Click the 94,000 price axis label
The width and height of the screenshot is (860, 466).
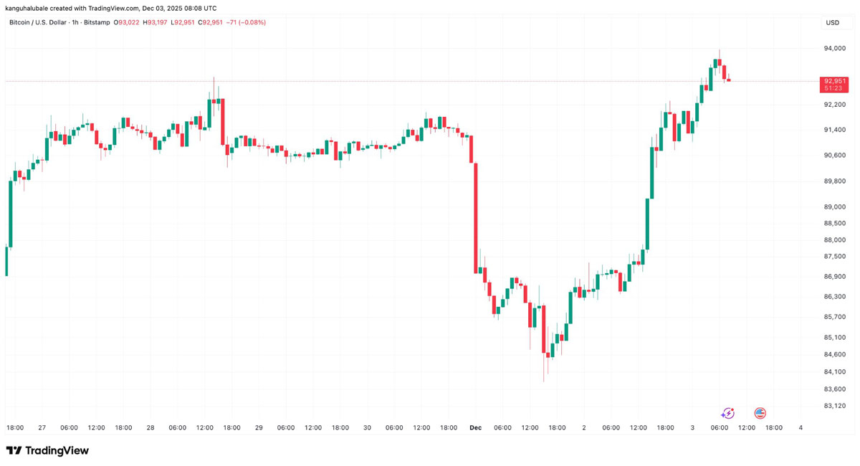(x=835, y=49)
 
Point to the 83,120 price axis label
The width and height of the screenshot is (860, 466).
(x=835, y=406)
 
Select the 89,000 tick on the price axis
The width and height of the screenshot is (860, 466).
(x=835, y=207)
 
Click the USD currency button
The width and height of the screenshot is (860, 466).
(x=833, y=23)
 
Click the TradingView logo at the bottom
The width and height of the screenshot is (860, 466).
(x=47, y=451)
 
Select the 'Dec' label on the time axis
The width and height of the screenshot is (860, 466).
(x=475, y=428)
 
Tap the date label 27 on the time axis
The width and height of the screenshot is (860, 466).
(x=42, y=428)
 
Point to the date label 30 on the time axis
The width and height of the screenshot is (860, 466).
(x=367, y=428)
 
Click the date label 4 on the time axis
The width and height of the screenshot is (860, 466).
(x=801, y=428)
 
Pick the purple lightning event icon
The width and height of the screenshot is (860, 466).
(x=727, y=414)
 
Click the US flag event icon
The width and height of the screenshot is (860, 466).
(x=760, y=414)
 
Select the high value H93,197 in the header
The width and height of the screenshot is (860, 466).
(x=156, y=23)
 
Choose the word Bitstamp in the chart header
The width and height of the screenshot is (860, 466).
(x=97, y=23)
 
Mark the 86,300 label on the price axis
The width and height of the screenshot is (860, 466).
(x=835, y=297)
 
